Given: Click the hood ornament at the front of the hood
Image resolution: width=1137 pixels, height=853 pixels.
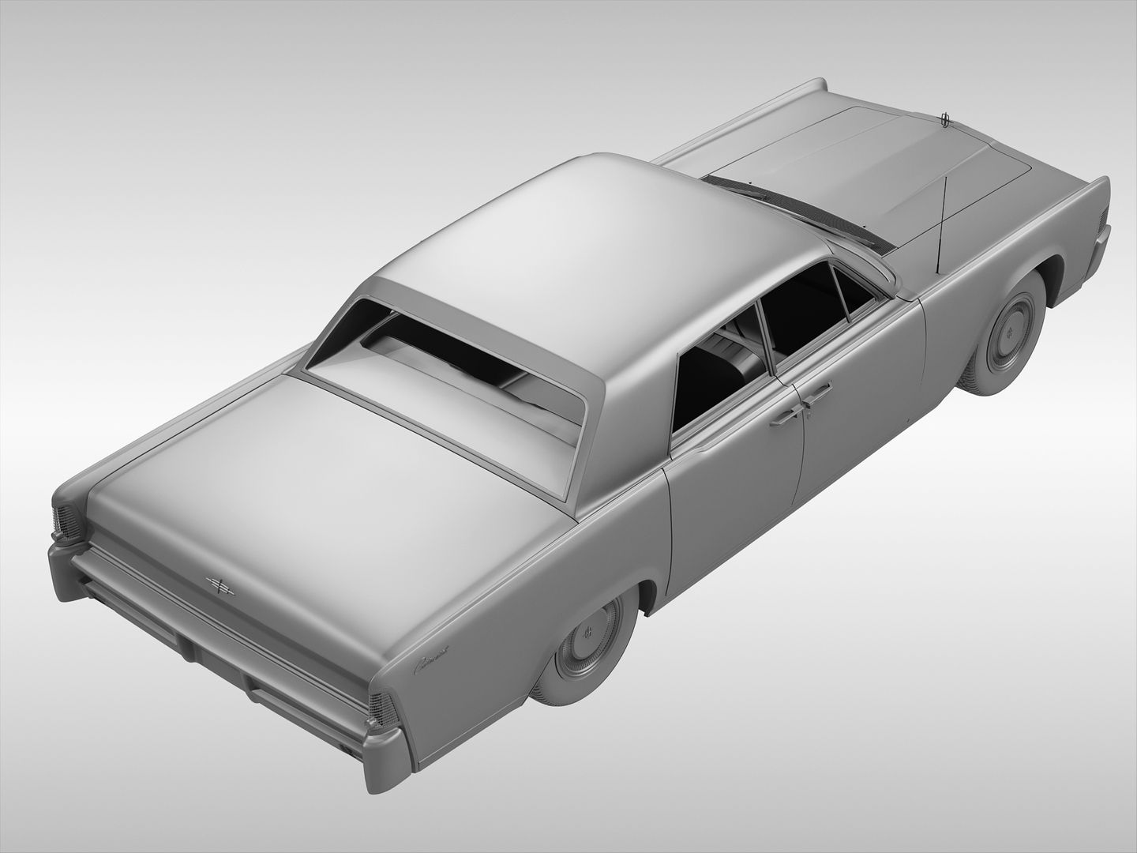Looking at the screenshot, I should (x=944, y=119).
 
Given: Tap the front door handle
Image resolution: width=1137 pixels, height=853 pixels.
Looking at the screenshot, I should (x=816, y=393).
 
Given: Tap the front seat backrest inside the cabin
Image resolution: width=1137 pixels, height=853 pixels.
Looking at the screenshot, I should (x=742, y=359).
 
